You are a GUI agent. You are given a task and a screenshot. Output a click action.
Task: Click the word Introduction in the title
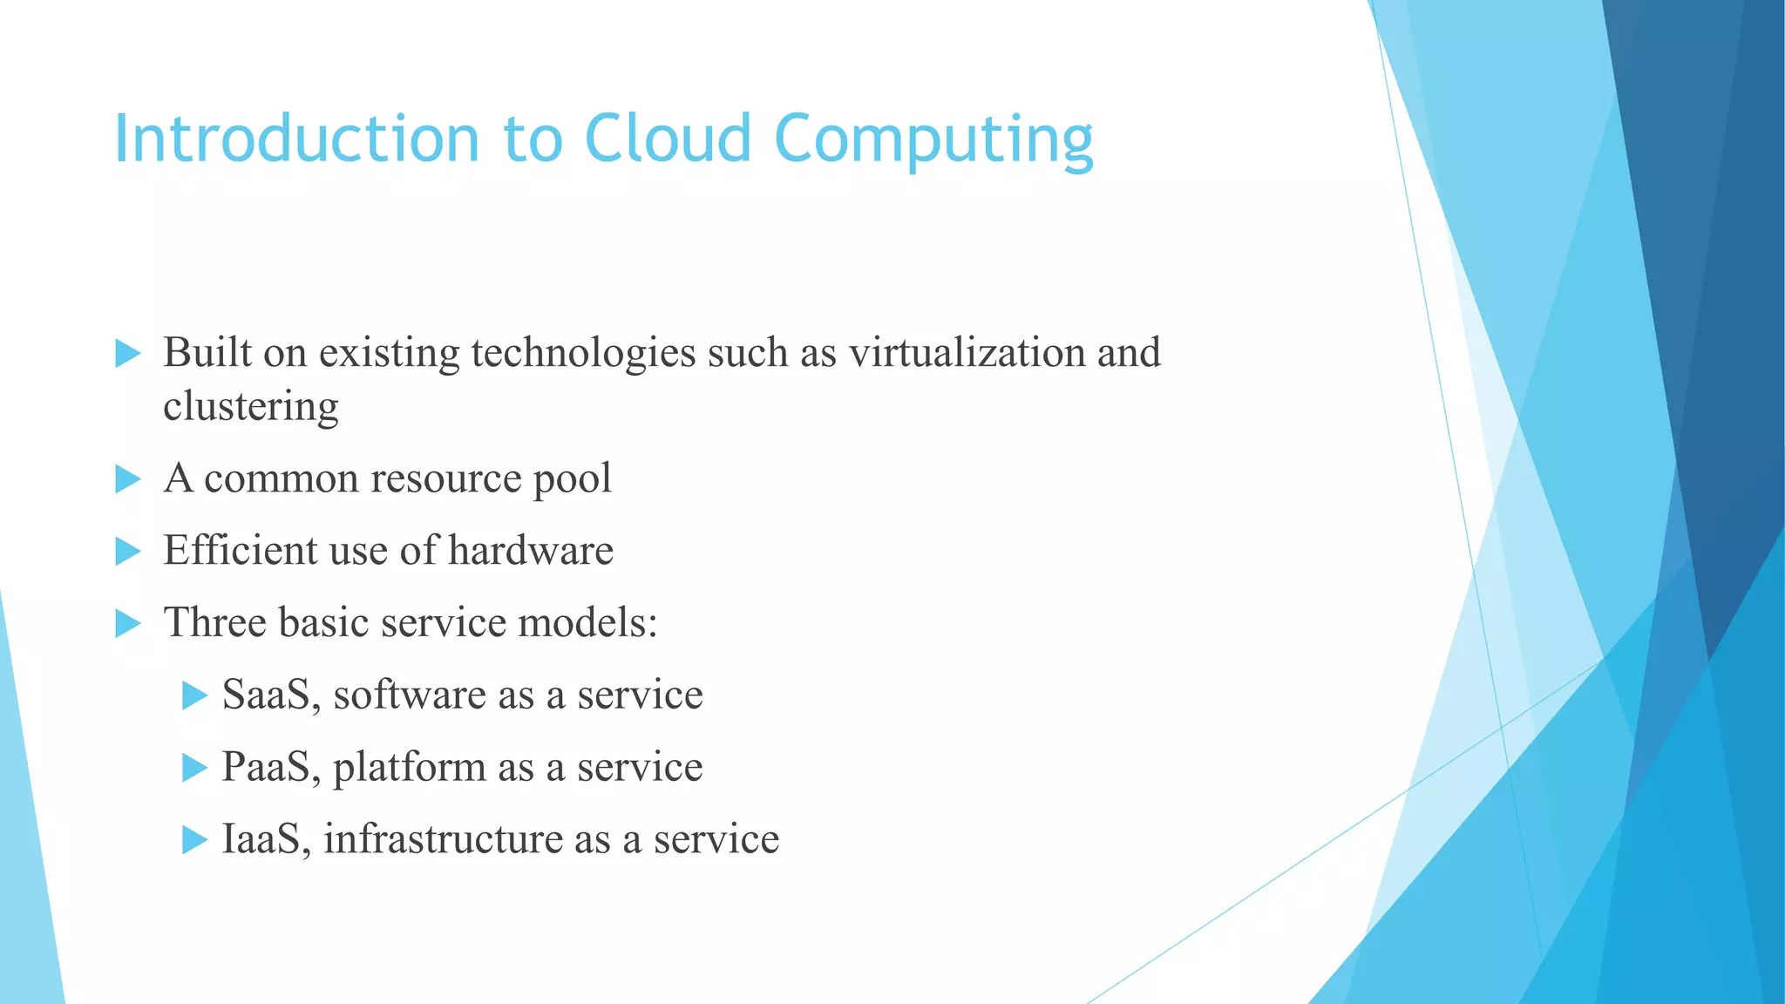click(297, 139)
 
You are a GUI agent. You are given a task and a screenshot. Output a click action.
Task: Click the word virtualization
click(967, 353)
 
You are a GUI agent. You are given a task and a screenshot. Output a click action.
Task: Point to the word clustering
click(251, 407)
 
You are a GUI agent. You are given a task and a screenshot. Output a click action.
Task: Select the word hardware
click(531, 551)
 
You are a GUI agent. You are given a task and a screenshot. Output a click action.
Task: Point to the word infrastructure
click(443, 839)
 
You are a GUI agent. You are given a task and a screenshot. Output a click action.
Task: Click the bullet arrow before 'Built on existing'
click(128, 354)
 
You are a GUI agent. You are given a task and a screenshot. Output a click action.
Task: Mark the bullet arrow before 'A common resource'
click(128, 479)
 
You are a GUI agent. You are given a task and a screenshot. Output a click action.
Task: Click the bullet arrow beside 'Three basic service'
click(128, 623)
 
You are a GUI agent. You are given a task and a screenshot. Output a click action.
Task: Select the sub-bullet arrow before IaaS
click(194, 840)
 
